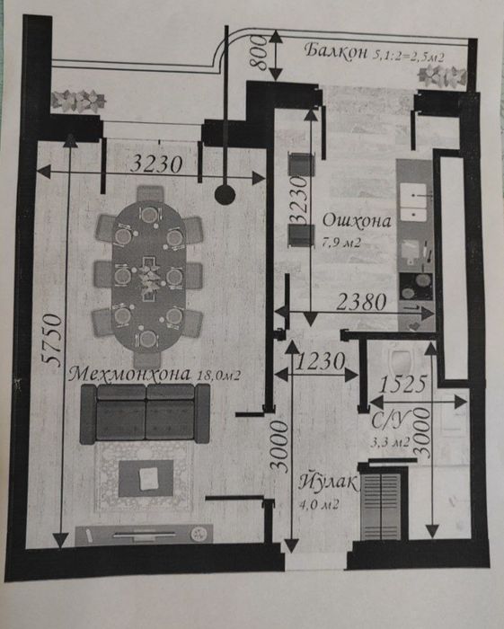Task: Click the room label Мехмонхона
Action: point(130,375)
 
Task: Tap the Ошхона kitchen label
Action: point(357,221)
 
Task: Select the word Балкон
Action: point(336,51)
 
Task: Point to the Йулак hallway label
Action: point(327,483)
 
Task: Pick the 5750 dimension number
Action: point(53,341)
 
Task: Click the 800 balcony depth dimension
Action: point(258,53)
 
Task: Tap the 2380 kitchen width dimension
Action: point(361,302)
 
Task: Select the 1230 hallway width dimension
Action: point(320,361)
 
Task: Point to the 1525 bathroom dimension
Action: point(402,385)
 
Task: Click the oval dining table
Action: point(148,275)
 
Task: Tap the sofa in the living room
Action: point(145,413)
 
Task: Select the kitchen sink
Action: point(414,202)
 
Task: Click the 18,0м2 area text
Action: point(219,376)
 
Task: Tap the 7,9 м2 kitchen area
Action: point(342,243)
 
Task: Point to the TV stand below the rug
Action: point(144,535)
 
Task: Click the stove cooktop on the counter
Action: point(416,287)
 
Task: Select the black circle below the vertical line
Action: point(225,195)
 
